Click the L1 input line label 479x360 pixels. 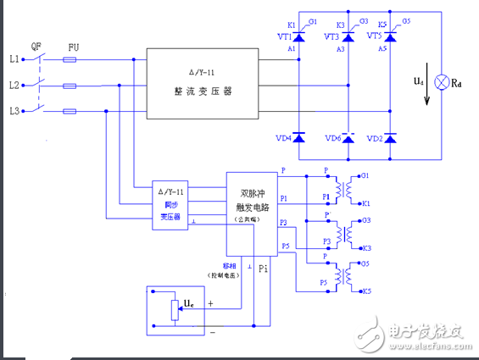[x=14, y=59]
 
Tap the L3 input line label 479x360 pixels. [x=14, y=111]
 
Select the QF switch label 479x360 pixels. [x=36, y=47]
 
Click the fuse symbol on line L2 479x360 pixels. [x=71, y=86]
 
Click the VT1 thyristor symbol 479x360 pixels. [x=298, y=36]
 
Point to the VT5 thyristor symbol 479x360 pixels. [x=391, y=36]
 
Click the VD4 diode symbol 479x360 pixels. [x=298, y=136]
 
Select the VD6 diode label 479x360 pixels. [x=334, y=137]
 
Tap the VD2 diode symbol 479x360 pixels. [x=391, y=136]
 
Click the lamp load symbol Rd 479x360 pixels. [x=441, y=85]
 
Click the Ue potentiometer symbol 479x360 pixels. [x=175, y=309]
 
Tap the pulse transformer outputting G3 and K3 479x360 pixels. [x=343, y=231]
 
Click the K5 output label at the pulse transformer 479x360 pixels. [x=365, y=291]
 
